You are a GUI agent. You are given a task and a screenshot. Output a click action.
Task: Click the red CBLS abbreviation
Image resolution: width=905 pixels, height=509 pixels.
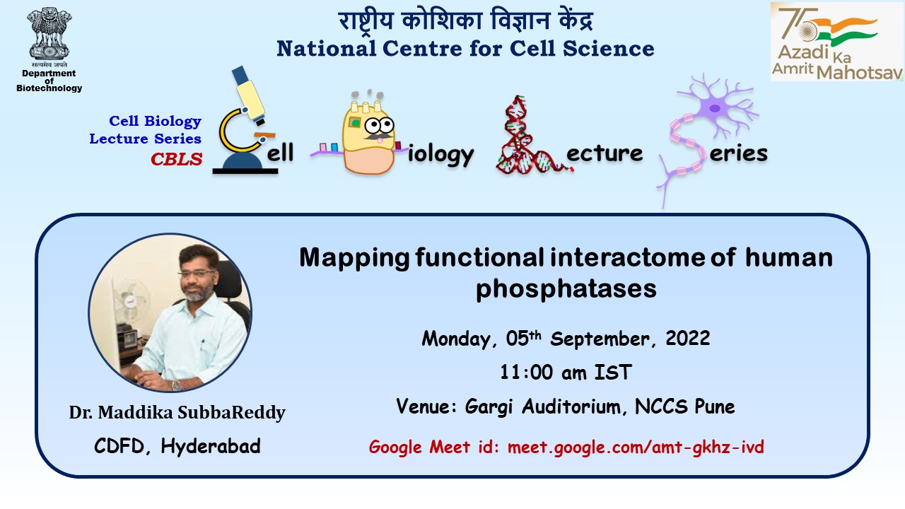[x=176, y=160]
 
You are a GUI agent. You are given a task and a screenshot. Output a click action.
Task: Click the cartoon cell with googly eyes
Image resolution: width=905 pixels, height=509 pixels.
[x=368, y=134]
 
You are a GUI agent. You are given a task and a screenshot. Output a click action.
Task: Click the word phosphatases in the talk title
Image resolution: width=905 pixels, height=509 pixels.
[x=566, y=289]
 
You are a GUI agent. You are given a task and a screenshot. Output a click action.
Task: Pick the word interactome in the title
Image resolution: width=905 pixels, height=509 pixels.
[x=627, y=257]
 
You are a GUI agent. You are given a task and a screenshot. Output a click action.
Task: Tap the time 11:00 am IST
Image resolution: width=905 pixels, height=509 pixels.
[x=566, y=372]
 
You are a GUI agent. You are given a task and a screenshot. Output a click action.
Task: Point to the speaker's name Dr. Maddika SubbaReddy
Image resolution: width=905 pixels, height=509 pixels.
[x=177, y=413]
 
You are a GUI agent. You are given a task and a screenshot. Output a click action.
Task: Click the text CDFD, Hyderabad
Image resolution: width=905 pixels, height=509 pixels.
[x=177, y=446]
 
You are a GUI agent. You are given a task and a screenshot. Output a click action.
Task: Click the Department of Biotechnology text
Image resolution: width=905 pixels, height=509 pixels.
[x=49, y=81]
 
